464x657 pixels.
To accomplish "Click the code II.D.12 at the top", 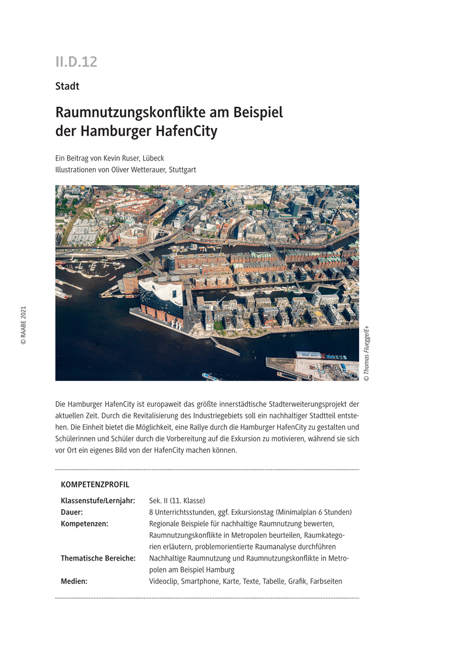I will click(76, 62).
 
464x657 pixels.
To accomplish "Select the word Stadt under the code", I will click(67, 87).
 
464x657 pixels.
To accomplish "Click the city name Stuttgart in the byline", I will click(181, 170).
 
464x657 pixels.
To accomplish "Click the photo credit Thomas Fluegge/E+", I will click(367, 353).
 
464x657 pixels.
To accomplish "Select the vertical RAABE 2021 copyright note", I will click(24, 325).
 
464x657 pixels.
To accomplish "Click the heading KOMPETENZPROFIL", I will click(95, 485).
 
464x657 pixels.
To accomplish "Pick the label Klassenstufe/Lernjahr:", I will click(98, 500).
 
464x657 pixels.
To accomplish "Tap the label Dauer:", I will click(72, 512).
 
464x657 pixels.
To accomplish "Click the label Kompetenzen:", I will click(84, 524).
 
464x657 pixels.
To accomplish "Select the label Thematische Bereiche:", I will click(98, 558).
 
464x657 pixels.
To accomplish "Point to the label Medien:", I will click(74, 581).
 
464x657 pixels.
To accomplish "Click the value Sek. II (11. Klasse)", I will click(177, 500).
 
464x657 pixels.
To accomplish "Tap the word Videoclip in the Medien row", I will click(163, 581).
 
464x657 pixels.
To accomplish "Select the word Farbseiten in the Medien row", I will click(326, 581).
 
